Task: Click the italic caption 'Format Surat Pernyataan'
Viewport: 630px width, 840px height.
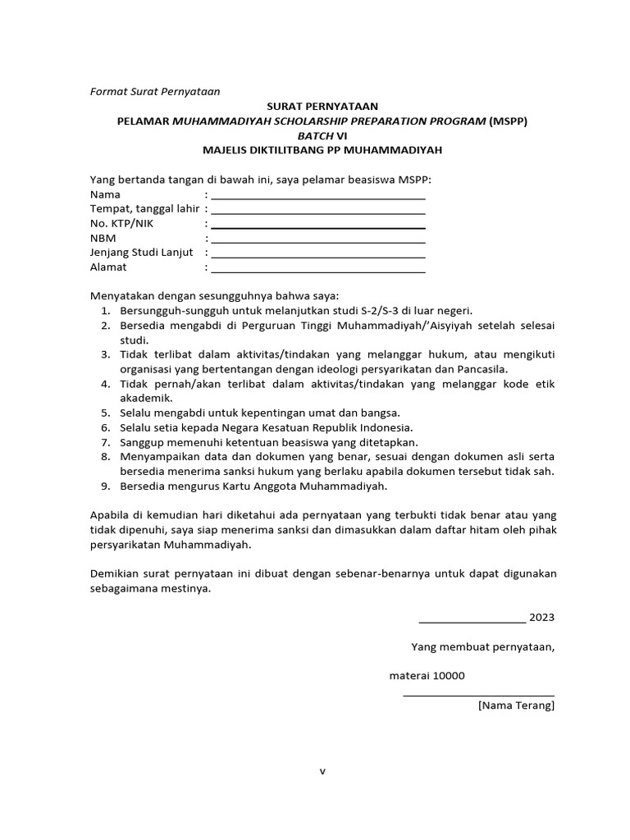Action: pyautogui.click(x=155, y=91)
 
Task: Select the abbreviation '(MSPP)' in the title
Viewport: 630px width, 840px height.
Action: pyautogui.click(x=509, y=121)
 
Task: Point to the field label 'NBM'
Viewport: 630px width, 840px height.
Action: pyautogui.click(x=103, y=238)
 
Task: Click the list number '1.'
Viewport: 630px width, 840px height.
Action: pyautogui.click(x=106, y=311)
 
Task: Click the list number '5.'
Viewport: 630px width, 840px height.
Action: pyautogui.click(x=106, y=413)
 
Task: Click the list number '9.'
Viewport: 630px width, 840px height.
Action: pyautogui.click(x=106, y=486)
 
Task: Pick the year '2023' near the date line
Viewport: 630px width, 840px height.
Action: pyautogui.click(x=542, y=617)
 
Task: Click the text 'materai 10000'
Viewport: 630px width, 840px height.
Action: pyautogui.click(x=427, y=676)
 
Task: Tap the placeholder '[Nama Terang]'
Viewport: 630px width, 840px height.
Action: pyautogui.click(x=516, y=705)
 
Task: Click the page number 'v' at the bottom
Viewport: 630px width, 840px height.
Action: pyautogui.click(x=322, y=770)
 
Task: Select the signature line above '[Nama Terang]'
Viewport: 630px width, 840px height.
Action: pyautogui.click(x=478, y=696)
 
